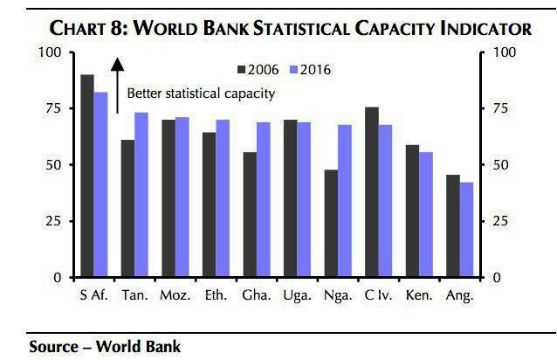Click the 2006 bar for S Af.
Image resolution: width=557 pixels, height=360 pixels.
point(87,176)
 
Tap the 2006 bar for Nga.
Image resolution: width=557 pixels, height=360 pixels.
point(331,224)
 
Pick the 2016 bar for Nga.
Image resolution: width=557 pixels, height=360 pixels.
point(345,201)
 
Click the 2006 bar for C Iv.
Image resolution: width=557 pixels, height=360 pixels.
point(371,192)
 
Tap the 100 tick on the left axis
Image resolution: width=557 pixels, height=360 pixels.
point(49,52)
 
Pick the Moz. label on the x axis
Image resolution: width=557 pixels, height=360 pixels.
point(175,295)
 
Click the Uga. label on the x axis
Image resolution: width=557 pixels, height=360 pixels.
point(297,295)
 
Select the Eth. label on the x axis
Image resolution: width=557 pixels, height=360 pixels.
point(216,295)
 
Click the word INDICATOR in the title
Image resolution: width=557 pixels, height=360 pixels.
point(475,29)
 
